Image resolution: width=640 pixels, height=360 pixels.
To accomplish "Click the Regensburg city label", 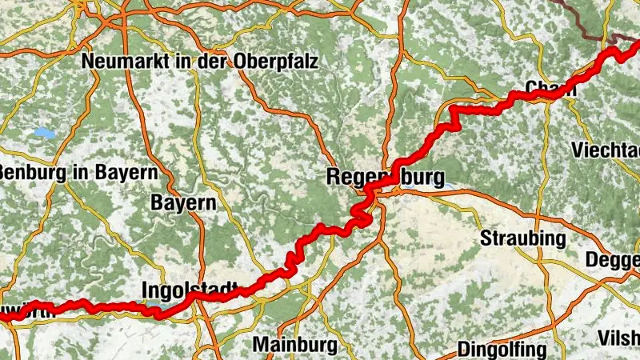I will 386,177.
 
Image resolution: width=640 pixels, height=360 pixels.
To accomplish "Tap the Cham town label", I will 551,87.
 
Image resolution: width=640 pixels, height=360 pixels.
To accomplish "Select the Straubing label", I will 523,238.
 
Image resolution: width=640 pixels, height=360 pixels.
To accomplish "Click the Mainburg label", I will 294,345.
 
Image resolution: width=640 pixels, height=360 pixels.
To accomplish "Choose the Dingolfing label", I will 502,349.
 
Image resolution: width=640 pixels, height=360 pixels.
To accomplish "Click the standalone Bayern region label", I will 184,202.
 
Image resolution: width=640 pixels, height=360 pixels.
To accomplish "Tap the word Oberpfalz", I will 276,61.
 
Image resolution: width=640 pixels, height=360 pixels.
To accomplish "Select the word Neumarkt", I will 120,61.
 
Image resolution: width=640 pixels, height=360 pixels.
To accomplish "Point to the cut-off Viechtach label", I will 606,150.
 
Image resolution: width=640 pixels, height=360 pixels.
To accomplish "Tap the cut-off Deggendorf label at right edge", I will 614,260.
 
